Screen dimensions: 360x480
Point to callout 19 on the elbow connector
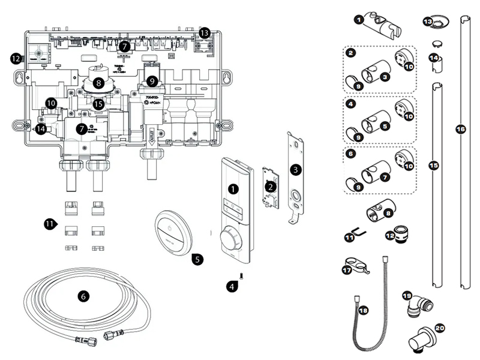[407, 296]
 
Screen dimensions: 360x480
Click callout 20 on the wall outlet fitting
[440, 328]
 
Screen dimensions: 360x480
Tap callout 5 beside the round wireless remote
[197, 259]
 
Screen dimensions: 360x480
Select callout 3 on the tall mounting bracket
[295, 170]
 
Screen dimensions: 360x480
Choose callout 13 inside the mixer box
[205, 32]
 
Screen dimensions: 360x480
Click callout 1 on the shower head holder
[359, 20]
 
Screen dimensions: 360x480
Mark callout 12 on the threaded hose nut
[391, 236]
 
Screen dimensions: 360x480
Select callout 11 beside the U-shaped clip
[349, 238]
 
